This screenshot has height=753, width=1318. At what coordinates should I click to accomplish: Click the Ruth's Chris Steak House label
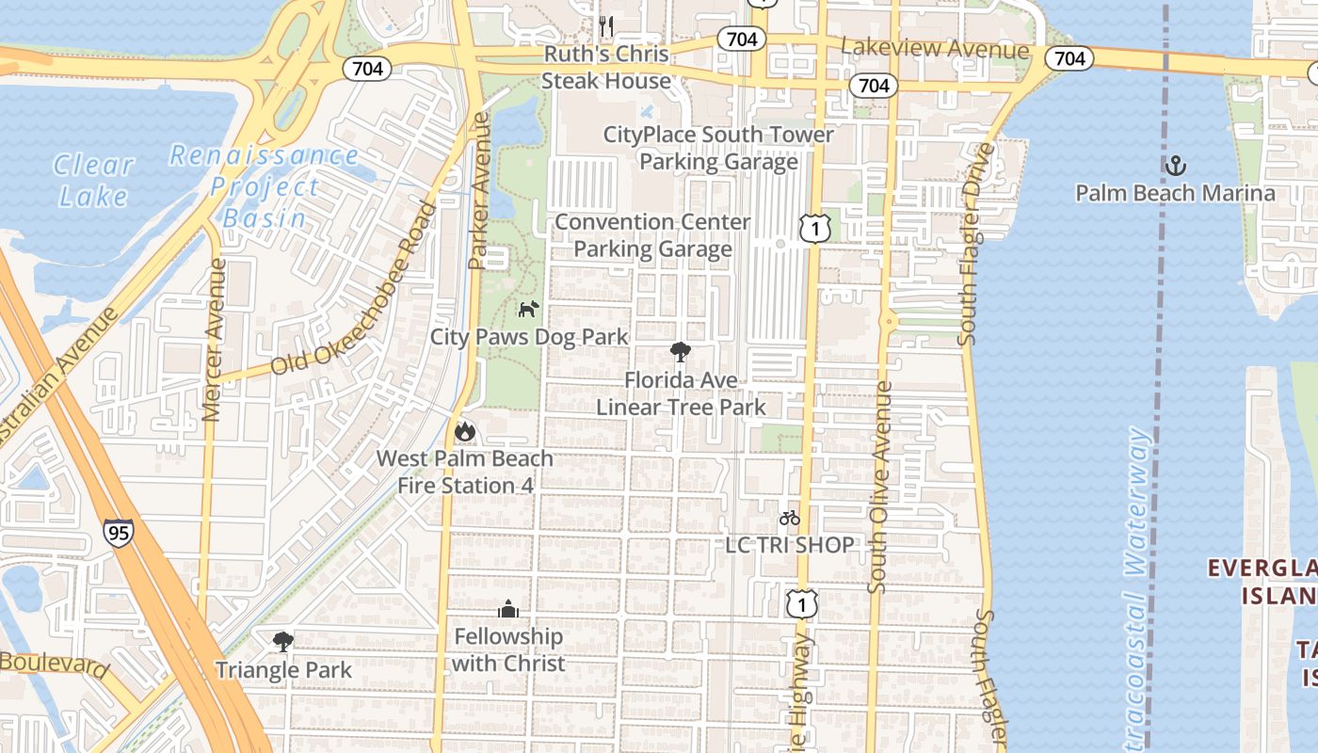pos(606,67)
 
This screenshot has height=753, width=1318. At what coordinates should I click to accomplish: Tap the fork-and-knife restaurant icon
pos(606,24)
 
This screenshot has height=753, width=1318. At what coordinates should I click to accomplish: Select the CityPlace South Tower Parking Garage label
pos(718,148)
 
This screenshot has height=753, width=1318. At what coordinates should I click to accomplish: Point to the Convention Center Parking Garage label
pos(652,235)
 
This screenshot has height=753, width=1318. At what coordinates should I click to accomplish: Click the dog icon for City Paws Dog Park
pos(528,308)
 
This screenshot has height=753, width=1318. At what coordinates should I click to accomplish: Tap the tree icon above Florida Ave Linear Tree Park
pos(680,352)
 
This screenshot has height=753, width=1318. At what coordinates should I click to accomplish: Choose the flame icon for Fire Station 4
pos(464,432)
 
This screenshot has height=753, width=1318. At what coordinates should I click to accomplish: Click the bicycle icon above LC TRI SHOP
pos(789,518)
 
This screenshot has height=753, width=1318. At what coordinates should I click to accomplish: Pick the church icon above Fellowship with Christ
pos(508,609)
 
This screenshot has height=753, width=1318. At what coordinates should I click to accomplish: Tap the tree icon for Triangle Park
pos(281,642)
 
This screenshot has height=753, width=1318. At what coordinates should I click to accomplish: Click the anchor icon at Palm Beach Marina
pos(1175,167)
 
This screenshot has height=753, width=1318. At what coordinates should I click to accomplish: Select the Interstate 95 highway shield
pos(119,533)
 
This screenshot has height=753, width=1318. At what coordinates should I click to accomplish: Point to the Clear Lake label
pos(93,180)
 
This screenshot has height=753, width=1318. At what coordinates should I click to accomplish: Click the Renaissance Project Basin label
pos(265,186)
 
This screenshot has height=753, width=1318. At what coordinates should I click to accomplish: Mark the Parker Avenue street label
pos(479,191)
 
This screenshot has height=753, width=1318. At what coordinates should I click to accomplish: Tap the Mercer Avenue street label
pos(214,339)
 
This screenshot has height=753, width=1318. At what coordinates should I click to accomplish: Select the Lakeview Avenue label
pos(934,48)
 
